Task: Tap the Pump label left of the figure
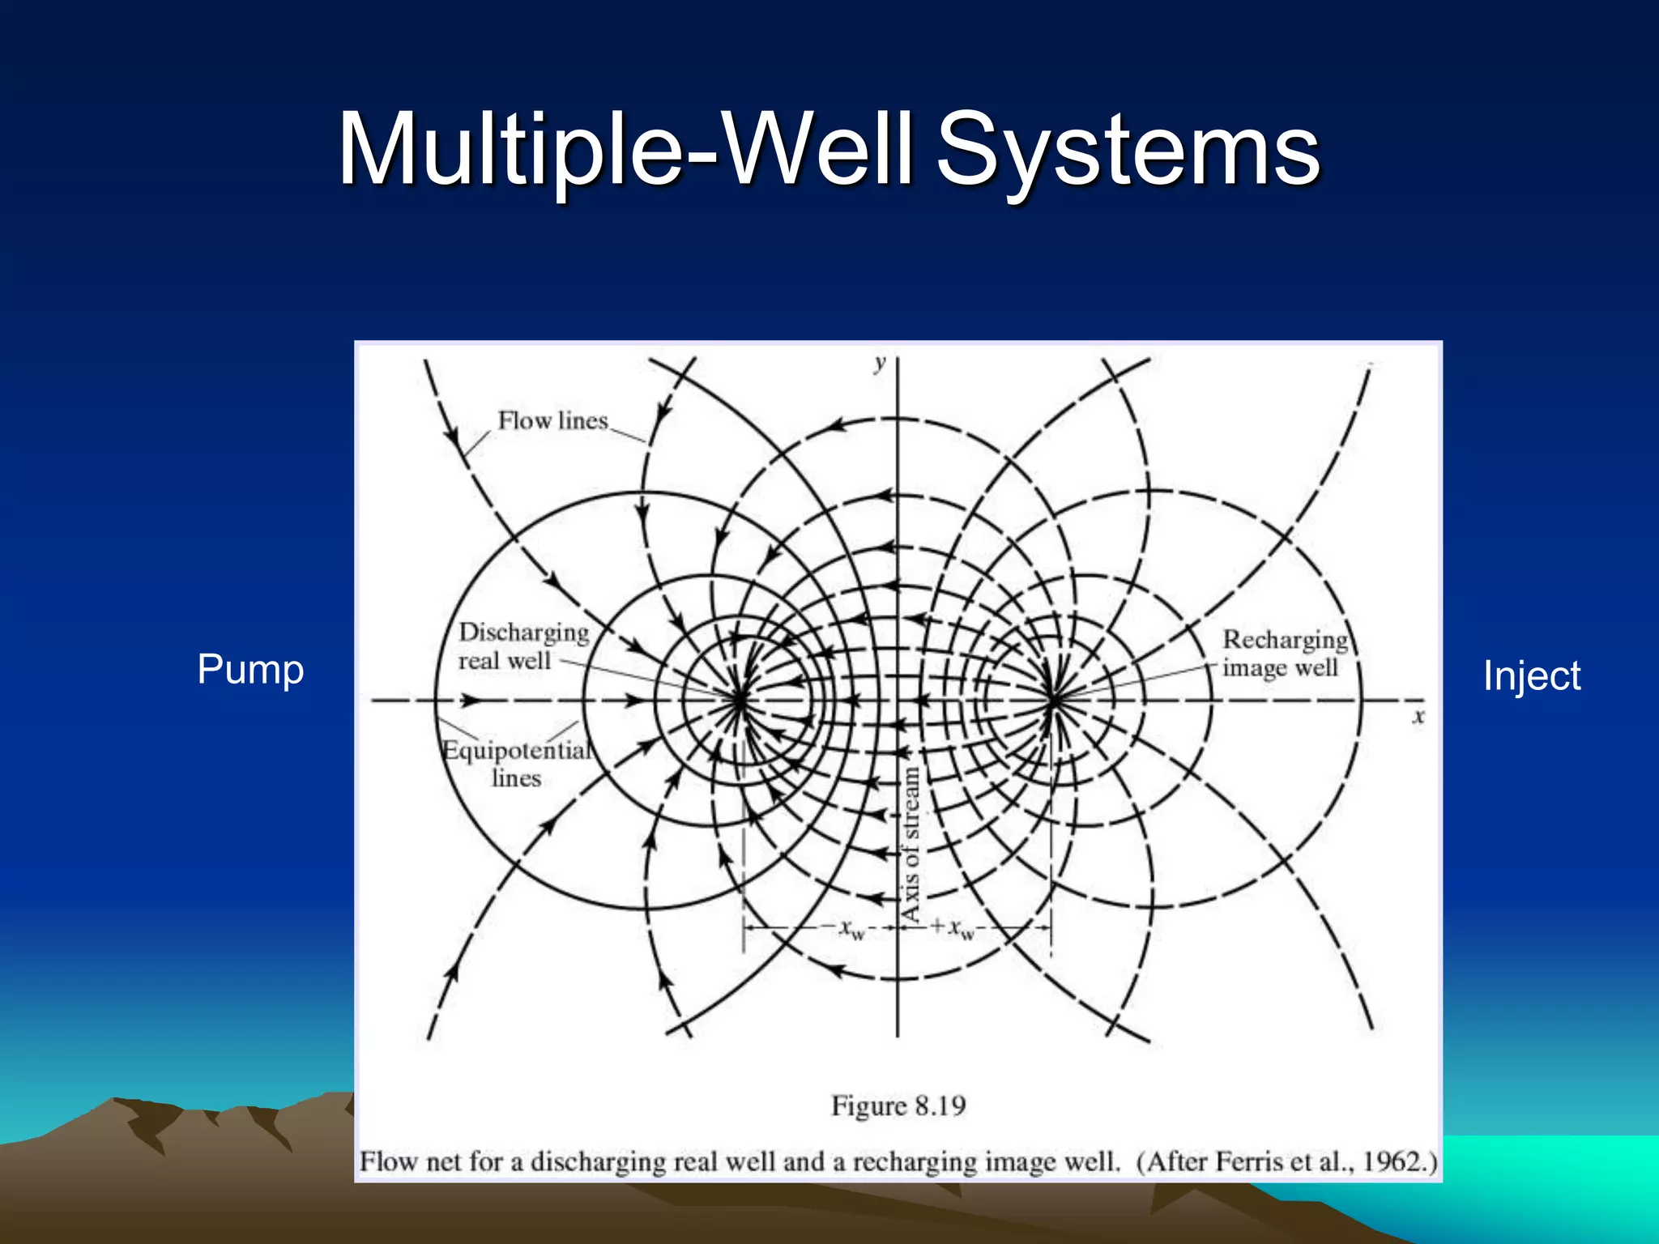click(250, 670)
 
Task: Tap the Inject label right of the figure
click(1531, 676)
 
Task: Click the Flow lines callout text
click(552, 421)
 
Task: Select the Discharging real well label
click(522, 646)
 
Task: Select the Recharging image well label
click(1284, 653)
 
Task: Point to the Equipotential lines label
click(517, 763)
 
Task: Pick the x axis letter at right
click(1418, 716)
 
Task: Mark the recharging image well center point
click(1052, 698)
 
